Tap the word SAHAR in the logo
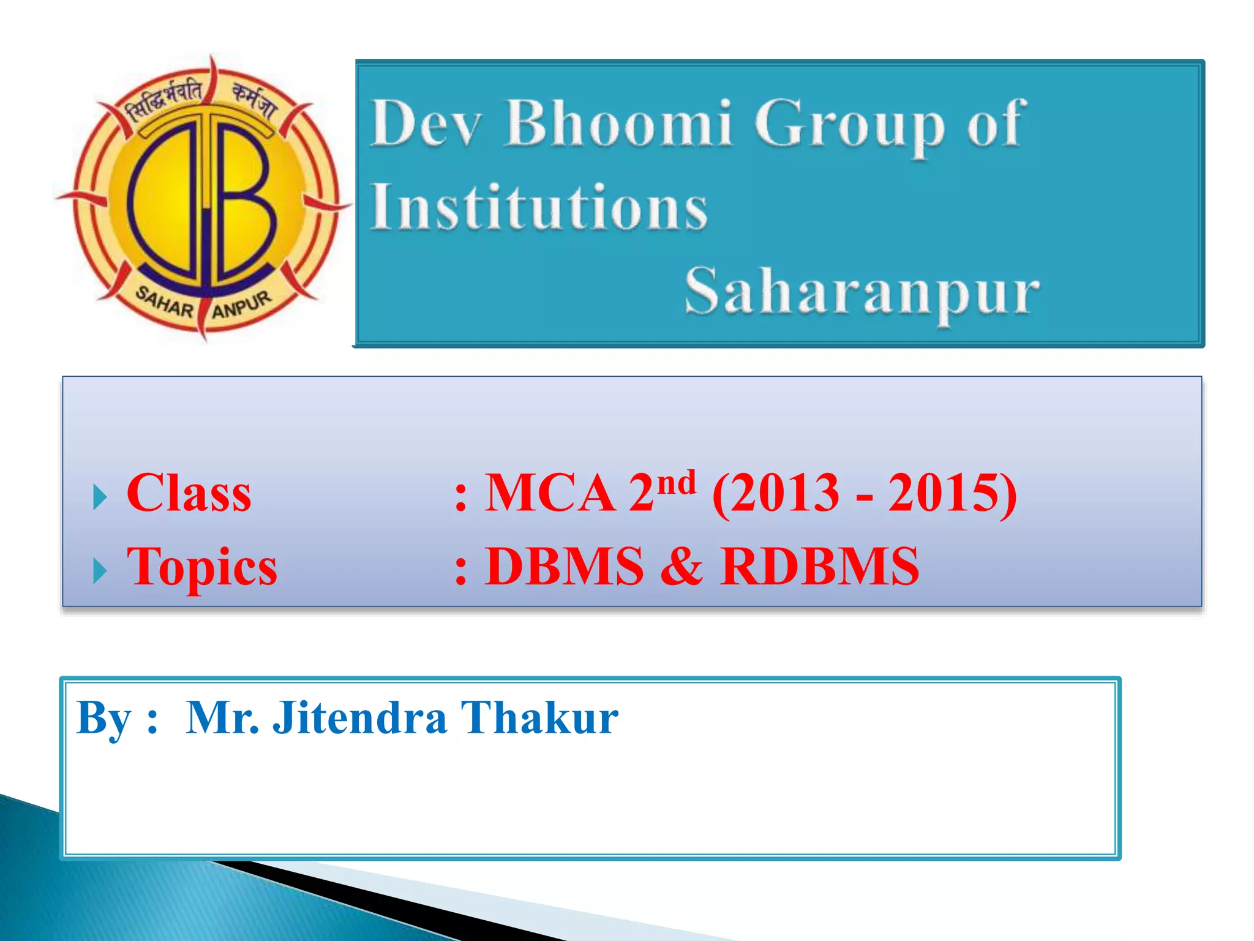point(164,302)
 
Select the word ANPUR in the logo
point(241,304)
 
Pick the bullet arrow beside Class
point(100,497)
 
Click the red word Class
point(189,494)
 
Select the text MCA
point(550,494)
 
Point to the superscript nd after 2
point(678,482)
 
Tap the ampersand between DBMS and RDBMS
point(681,567)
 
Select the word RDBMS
point(819,567)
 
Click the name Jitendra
point(359,718)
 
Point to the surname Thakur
point(539,718)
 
